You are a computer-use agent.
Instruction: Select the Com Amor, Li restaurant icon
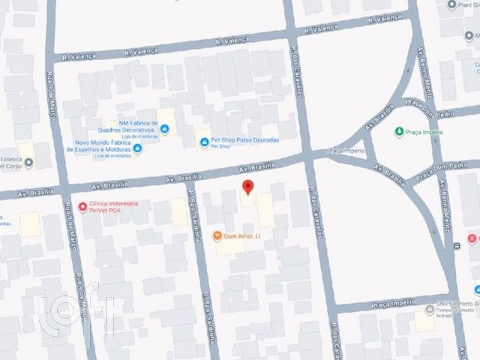click(217, 237)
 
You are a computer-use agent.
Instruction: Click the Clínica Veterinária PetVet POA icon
click(82, 207)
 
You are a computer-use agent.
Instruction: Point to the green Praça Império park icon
click(399, 132)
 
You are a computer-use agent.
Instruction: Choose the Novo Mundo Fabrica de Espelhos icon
click(138, 148)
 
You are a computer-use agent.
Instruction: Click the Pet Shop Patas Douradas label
click(247, 140)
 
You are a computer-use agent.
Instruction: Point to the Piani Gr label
click(469, 4)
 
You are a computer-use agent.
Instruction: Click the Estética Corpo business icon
click(28, 163)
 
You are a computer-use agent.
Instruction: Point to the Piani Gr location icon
click(451, 4)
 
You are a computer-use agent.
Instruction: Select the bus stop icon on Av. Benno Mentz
click(457, 246)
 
